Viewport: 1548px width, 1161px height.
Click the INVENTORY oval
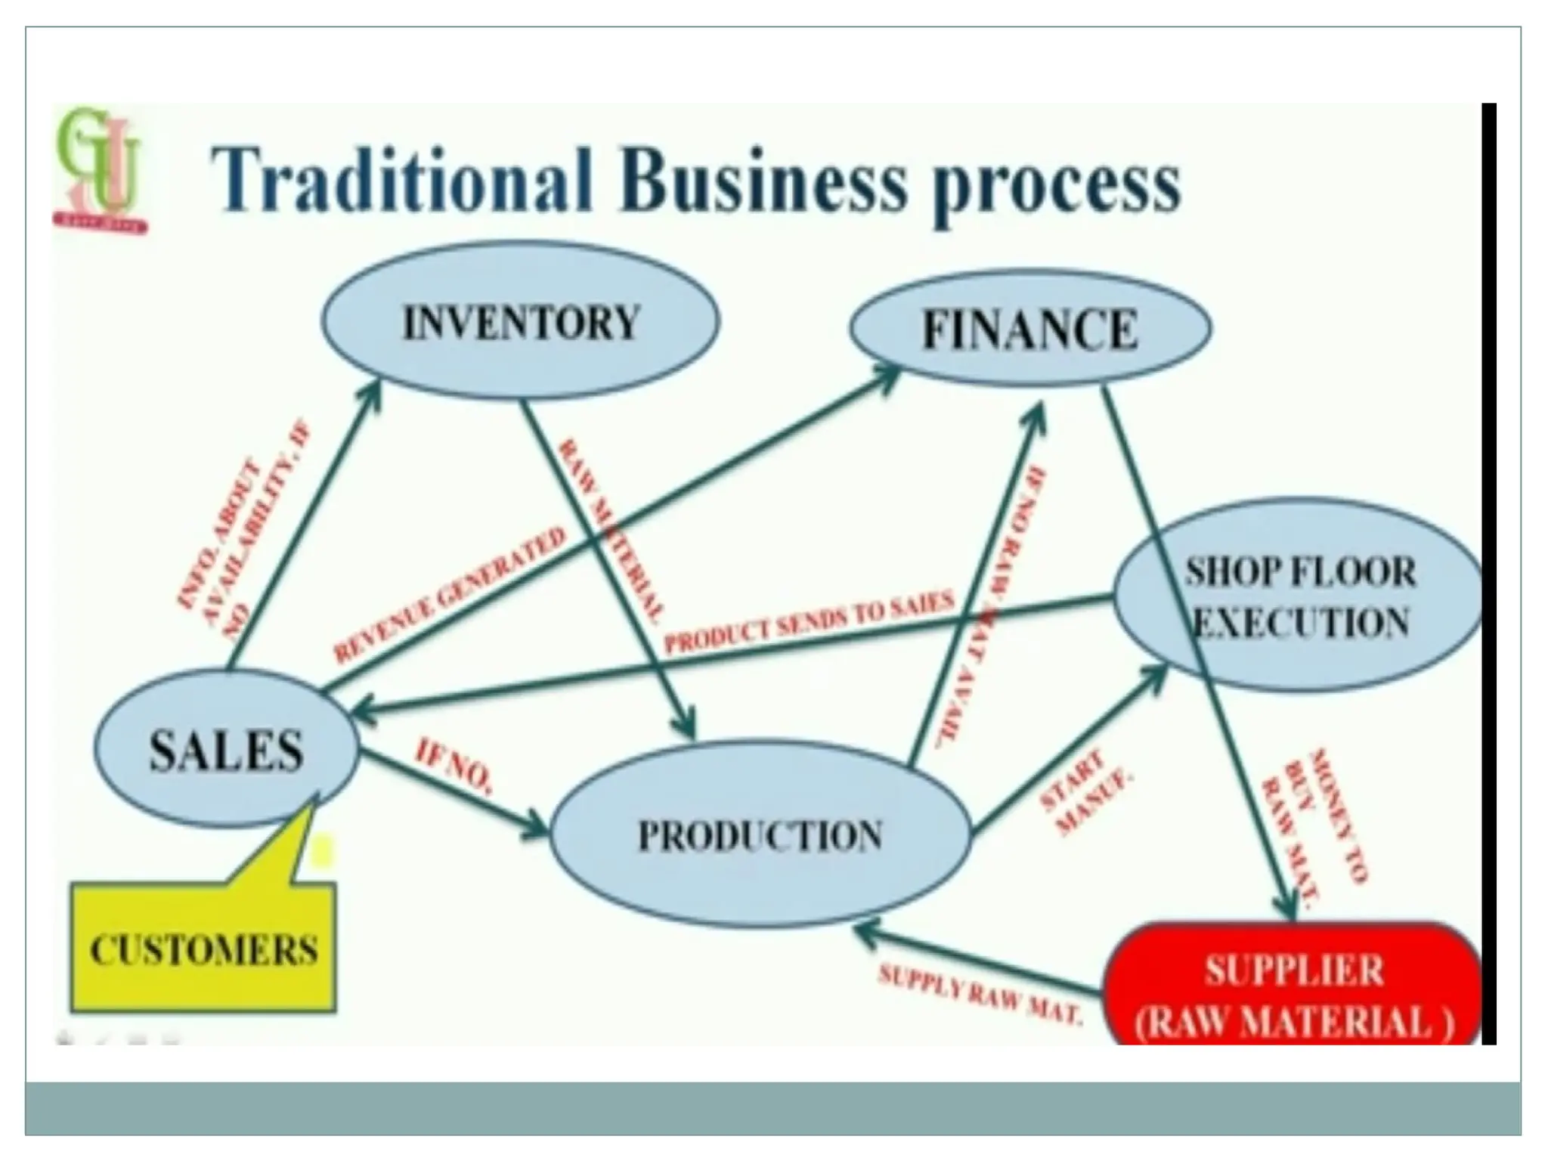pos(521,322)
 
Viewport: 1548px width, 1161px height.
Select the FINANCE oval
pos(1030,330)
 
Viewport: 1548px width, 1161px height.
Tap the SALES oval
pos(226,750)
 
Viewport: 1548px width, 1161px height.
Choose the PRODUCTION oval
pos(760,835)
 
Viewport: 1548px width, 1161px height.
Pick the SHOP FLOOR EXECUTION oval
pos(1299,597)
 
